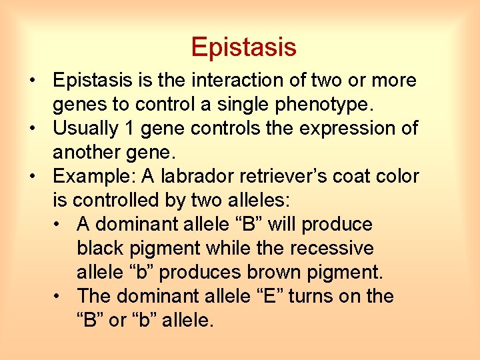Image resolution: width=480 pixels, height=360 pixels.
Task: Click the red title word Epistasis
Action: point(243,47)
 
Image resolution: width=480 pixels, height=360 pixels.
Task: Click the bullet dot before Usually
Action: point(32,129)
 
